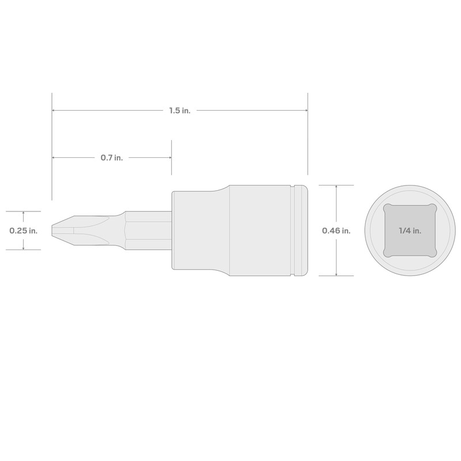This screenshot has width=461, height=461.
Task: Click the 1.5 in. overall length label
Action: pos(179,111)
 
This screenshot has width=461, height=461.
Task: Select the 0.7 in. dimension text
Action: pos(111,157)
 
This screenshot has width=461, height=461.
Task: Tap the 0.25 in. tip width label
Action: pos(23,231)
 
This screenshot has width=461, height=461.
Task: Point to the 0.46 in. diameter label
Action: pos(336,231)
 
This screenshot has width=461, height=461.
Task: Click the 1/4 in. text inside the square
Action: pos(410,231)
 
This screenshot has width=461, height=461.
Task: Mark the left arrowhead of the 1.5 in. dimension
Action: pos(54,111)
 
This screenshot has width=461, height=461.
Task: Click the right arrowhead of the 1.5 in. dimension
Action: pos(305,111)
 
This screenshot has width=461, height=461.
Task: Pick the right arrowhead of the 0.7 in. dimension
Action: pos(169,157)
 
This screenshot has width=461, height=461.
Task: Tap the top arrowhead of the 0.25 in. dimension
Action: pos(23,213)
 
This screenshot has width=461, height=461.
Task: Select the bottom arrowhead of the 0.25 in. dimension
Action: pos(23,247)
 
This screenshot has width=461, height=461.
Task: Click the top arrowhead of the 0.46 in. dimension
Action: pos(336,187)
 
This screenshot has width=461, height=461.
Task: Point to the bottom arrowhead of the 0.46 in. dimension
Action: pos(336,274)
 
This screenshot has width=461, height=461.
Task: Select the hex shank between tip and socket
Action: pos(147,231)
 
